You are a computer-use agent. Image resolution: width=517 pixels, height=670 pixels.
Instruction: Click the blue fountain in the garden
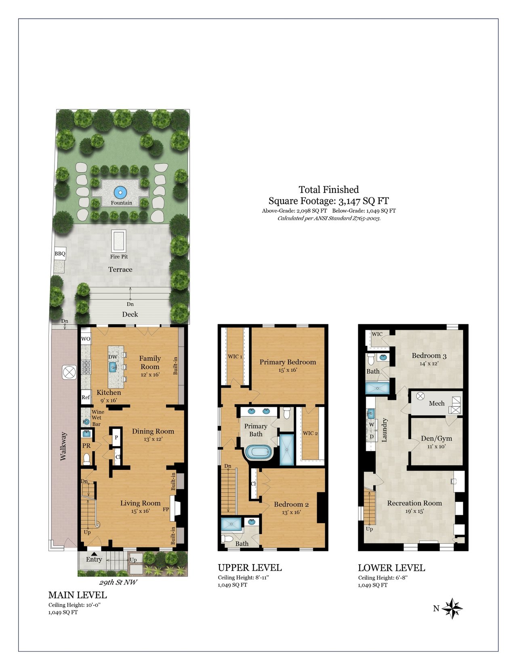[x=120, y=193]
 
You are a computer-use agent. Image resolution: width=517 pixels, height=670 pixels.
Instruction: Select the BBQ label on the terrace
[x=60, y=254]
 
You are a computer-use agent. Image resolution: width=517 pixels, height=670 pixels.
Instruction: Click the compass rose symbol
[x=452, y=608]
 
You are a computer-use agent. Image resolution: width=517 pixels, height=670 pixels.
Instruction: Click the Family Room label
[x=150, y=362]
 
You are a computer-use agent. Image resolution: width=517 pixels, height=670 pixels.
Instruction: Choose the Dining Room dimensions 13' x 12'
[x=153, y=439]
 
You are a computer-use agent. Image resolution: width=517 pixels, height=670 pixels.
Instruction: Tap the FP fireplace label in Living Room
[x=166, y=509]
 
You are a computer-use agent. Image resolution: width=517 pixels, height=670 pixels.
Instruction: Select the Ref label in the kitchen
[x=86, y=397]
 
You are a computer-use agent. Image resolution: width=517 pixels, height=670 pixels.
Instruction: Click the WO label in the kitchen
[x=86, y=339]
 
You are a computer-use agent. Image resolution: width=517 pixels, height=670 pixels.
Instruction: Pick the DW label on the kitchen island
[x=113, y=357]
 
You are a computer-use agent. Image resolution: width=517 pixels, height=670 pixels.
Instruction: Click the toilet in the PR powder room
[x=86, y=459]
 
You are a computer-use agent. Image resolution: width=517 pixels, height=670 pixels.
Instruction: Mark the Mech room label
[x=437, y=403]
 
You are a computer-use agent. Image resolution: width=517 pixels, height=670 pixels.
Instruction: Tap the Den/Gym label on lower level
[x=436, y=438]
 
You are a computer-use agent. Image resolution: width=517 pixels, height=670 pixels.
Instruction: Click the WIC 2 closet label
[x=310, y=433]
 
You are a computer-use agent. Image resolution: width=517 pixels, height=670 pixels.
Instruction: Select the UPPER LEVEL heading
[x=250, y=568]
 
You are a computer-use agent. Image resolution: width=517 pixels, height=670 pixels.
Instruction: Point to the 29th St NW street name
[x=118, y=582]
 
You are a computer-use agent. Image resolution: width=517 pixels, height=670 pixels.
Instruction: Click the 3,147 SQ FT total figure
[x=364, y=201]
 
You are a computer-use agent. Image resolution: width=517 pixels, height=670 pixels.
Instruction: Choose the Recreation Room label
[x=414, y=503]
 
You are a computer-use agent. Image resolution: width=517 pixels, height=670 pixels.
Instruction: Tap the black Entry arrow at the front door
[x=94, y=554]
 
